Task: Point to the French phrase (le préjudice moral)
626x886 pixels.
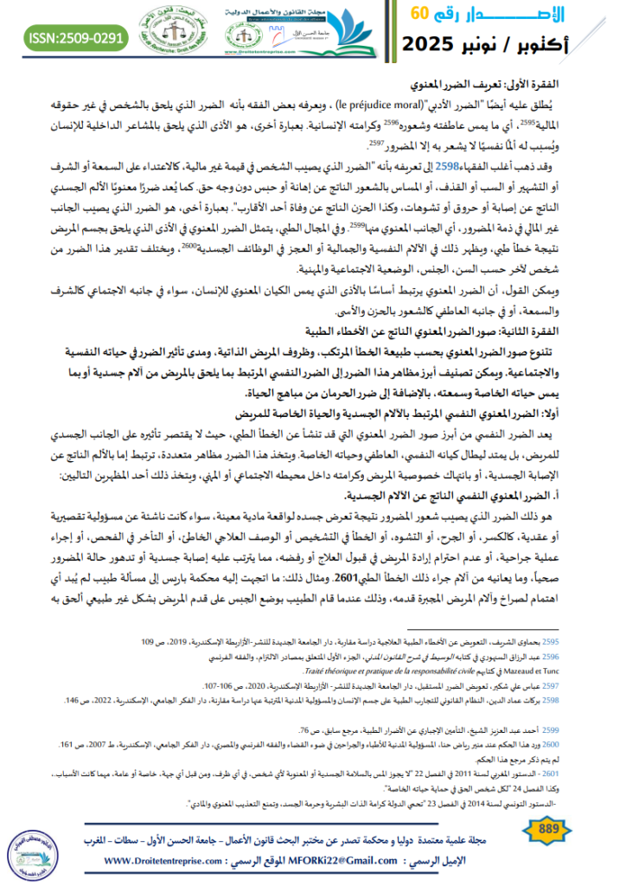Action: [x=386, y=103]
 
